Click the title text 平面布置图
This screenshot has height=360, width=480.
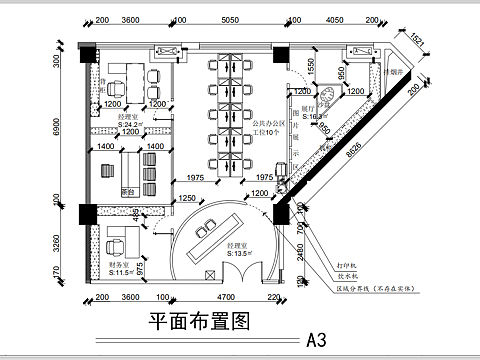[197, 322]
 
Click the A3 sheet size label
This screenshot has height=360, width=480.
[316, 338]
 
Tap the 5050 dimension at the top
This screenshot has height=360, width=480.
[234, 19]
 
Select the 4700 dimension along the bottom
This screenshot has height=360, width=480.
[226, 297]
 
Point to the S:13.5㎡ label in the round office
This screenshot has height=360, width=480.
[243, 254]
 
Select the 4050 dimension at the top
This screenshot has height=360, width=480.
[338, 19]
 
